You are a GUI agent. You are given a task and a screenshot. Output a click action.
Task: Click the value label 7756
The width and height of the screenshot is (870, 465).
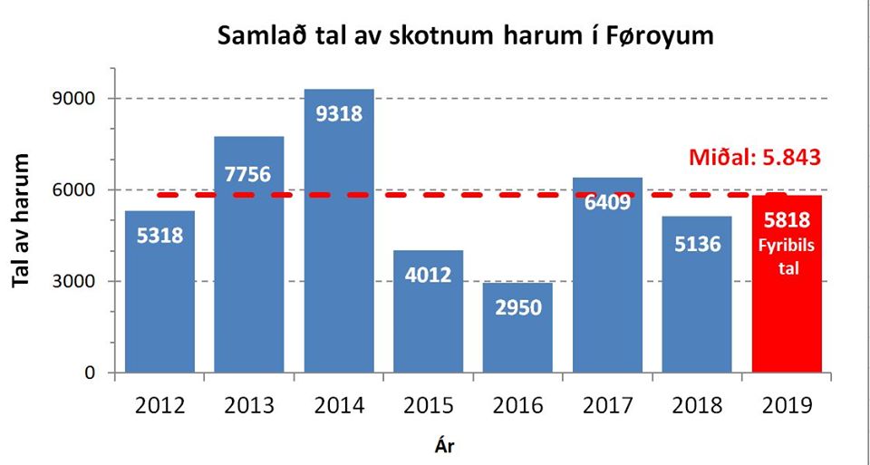(x=248, y=173)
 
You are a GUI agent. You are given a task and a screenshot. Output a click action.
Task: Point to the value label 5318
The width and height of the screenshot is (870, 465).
(x=159, y=236)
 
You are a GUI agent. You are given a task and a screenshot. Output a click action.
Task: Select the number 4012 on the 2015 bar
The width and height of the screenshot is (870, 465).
(x=428, y=275)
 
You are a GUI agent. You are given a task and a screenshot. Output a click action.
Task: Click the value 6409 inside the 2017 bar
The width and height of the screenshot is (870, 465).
(x=607, y=202)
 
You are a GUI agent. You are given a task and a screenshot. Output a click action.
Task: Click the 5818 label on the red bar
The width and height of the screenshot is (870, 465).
(x=787, y=219)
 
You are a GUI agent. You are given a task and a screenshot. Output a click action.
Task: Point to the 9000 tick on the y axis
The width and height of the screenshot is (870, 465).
(x=76, y=99)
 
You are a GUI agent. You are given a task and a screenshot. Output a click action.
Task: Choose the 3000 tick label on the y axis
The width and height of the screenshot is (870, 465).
(x=76, y=281)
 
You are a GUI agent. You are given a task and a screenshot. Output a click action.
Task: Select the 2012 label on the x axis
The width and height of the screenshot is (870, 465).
(x=159, y=405)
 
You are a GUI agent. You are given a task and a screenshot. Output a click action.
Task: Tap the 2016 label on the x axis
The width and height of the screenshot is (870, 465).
(x=518, y=405)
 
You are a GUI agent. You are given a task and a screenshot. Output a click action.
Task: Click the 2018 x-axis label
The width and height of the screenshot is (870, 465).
(x=697, y=405)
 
